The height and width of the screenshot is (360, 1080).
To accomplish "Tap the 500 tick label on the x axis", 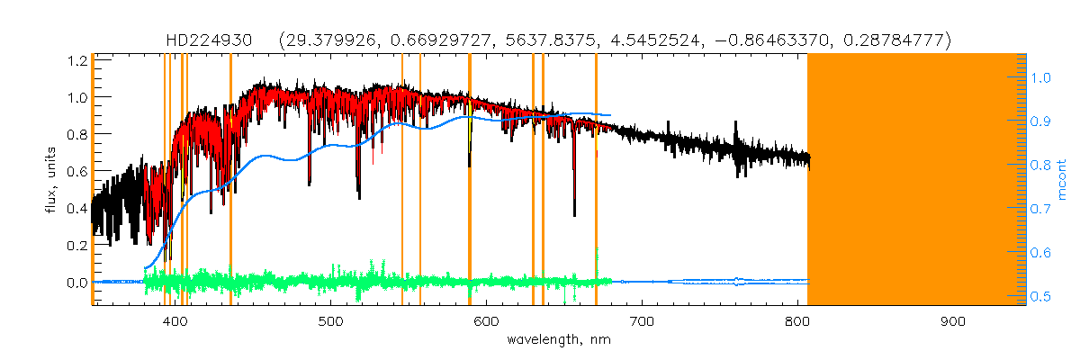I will tap(331, 322).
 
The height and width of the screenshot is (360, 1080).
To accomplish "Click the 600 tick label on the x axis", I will tap(487, 322).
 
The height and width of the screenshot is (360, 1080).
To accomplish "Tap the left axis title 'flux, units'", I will tap(53, 180).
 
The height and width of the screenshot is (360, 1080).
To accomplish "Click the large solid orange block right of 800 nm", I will tap(916, 180).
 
